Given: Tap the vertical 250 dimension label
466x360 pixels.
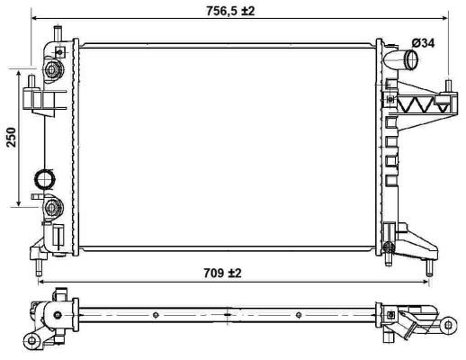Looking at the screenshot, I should [x=11, y=136].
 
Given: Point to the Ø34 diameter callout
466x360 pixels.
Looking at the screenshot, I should [x=424, y=42].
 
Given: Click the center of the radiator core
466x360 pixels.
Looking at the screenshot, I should [x=226, y=144].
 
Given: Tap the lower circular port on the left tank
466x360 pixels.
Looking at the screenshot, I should [x=50, y=207].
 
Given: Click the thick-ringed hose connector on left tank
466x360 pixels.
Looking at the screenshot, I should [x=44, y=178].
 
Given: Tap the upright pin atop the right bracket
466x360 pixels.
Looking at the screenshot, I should [x=446, y=87].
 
